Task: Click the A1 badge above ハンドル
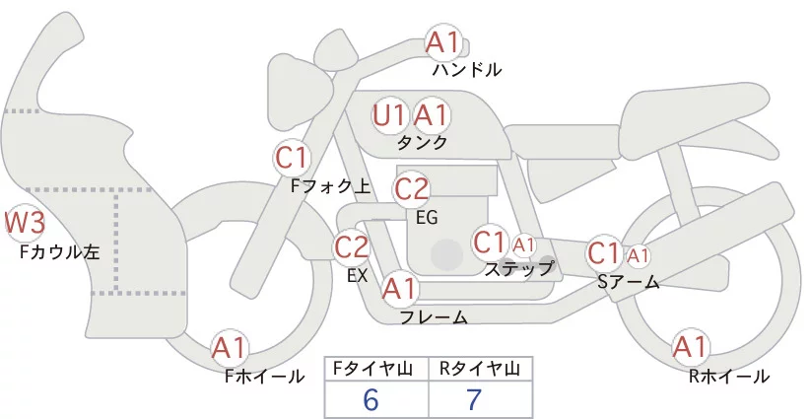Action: pos(442,42)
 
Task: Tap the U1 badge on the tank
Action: pos(389,115)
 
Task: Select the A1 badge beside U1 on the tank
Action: pos(431,115)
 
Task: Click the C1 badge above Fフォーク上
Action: pos(293,156)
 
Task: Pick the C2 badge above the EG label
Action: pos(412,188)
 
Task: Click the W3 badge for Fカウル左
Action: pos(22,223)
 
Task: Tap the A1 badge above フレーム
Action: pos(399,289)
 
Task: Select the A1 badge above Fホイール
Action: pos(231,347)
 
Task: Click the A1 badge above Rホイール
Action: pos(690,347)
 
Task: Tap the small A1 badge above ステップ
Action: pos(523,244)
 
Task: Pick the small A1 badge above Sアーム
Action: pos(638,254)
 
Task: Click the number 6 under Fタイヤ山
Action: pos(371,399)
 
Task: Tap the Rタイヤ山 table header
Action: pos(480,369)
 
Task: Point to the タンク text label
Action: pos(422,142)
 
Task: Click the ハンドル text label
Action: pos(467,70)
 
